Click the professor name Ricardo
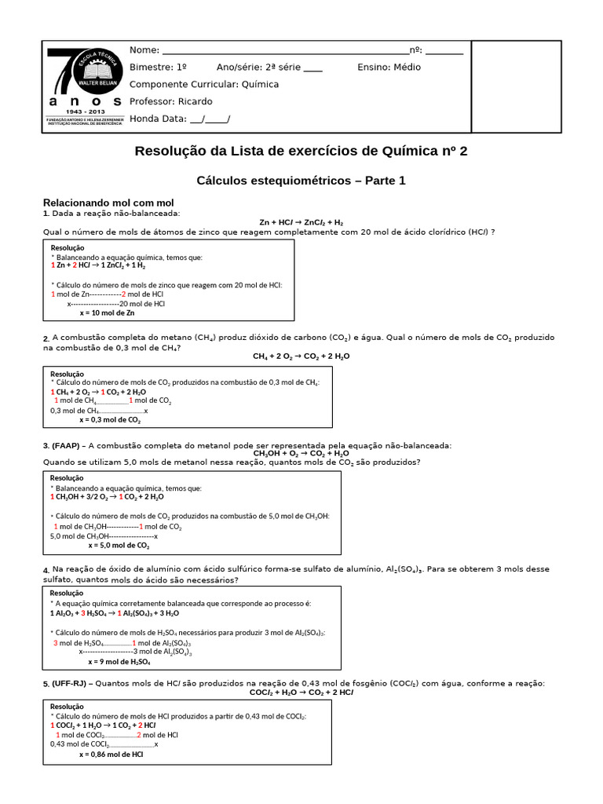point(195,101)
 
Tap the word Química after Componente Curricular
point(260,84)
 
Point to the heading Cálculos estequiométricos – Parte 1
point(301,181)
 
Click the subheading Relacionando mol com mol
point(108,203)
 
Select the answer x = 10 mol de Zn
point(108,312)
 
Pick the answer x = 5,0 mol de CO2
point(119,545)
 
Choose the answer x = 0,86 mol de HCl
point(111,754)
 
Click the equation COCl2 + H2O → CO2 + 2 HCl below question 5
point(301,693)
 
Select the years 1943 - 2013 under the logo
point(85,112)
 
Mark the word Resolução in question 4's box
point(67,593)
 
